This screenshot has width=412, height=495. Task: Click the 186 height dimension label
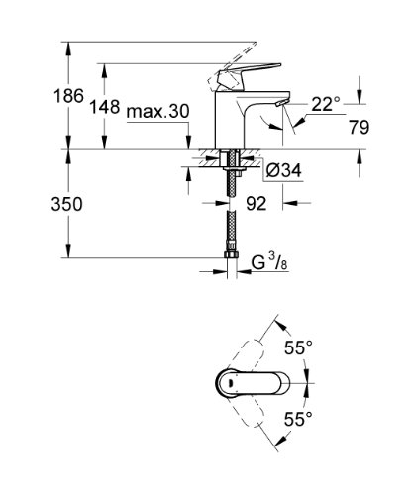tap(68, 96)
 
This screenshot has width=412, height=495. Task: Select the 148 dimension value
tap(105, 107)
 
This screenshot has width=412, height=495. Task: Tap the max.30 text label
tap(157, 112)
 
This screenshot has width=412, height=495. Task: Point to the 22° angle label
tap(326, 104)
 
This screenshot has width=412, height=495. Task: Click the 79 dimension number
tap(360, 127)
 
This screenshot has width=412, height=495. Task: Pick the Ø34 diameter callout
tap(283, 171)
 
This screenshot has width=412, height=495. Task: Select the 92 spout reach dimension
tap(257, 204)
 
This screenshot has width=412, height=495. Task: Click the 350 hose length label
tap(66, 204)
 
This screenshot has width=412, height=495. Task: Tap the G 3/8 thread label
tap(269, 263)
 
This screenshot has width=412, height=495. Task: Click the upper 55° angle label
tap(298, 347)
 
